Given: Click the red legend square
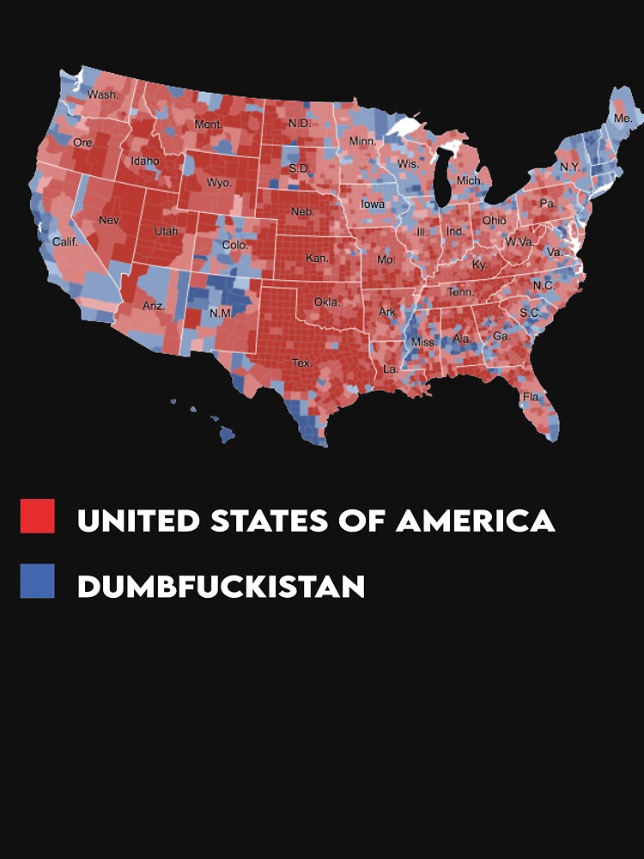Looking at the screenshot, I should [38, 516].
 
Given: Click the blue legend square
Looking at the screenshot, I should [38, 581].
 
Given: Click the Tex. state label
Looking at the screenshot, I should [301, 363].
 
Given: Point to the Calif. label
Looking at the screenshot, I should [64, 241].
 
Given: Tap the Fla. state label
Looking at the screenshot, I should [532, 397].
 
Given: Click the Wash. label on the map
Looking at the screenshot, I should [103, 94].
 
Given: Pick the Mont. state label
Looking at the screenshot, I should [209, 125].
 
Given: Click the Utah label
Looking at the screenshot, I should [166, 232].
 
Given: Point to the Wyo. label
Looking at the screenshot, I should [219, 183].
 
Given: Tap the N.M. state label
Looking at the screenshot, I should [221, 313].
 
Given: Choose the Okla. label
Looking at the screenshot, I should [326, 302].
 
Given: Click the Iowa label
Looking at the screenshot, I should [373, 204].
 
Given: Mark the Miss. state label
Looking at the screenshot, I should [423, 342].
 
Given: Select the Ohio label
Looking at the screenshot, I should [494, 221].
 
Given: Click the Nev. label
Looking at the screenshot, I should [109, 220].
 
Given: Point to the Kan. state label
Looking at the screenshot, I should [317, 258].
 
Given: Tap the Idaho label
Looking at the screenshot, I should [145, 161].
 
